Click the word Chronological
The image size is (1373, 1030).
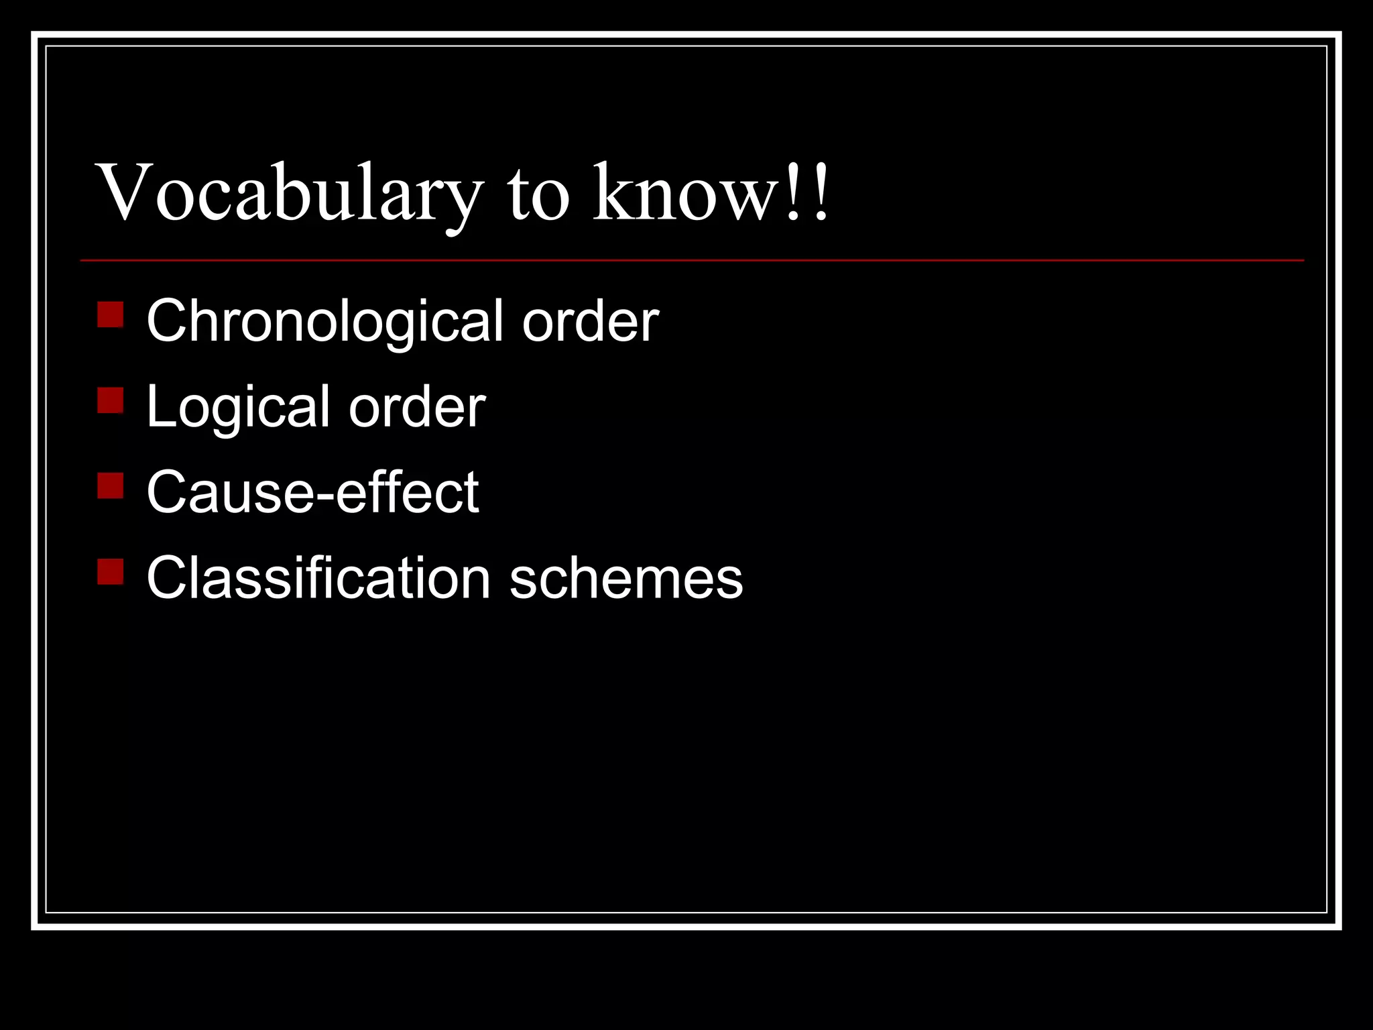(x=325, y=322)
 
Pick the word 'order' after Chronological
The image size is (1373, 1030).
(x=590, y=322)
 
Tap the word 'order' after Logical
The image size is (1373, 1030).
(x=416, y=408)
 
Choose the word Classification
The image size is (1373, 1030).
(x=318, y=578)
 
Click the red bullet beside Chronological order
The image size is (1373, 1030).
(x=110, y=314)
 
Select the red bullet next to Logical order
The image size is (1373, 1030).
(x=110, y=400)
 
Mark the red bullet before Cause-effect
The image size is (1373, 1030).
(x=110, y=486)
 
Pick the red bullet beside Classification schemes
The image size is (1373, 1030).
(x=110, y=572)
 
